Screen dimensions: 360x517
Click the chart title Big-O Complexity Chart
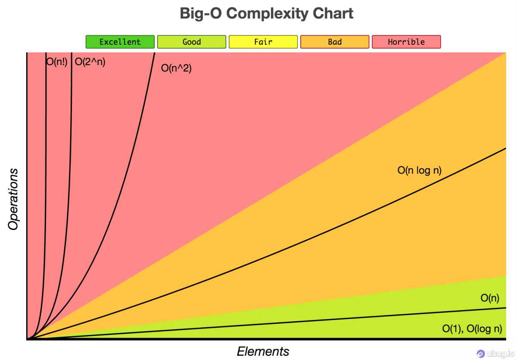(267, 13)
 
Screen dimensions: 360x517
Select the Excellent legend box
(120, 42)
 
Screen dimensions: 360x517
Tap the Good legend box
(191, 42)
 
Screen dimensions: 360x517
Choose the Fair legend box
(263, 42)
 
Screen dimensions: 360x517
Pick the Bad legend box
(334, 42)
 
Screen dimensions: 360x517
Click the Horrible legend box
(406, 42)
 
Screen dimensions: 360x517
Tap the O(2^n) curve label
(90, 62)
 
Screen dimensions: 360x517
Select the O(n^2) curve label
(176, 68)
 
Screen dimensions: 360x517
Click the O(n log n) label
(419, 171)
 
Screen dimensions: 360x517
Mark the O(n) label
(490, 298)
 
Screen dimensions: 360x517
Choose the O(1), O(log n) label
(472, 329)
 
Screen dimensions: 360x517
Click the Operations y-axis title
(14, 199)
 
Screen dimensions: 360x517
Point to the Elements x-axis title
(263, 351)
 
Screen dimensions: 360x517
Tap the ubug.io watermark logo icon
(480, 354)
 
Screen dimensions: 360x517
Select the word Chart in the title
(333, 13)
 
